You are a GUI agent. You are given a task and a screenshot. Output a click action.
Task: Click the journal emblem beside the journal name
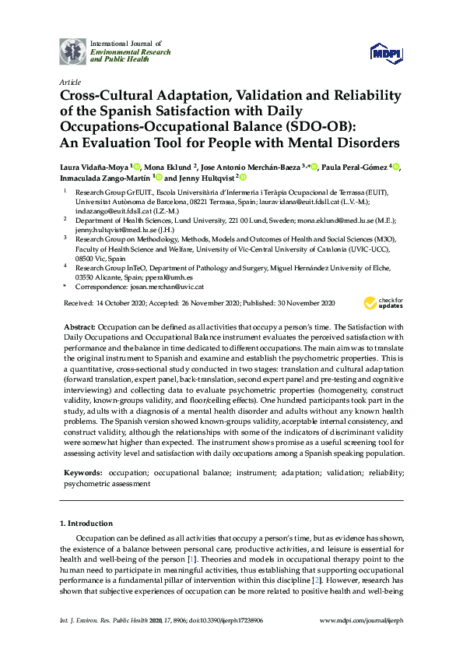(x=72, y=51)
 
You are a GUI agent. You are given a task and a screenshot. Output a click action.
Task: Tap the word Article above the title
(x=68, y=81)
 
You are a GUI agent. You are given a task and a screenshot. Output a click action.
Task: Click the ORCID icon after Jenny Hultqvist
(x=242, y=178)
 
